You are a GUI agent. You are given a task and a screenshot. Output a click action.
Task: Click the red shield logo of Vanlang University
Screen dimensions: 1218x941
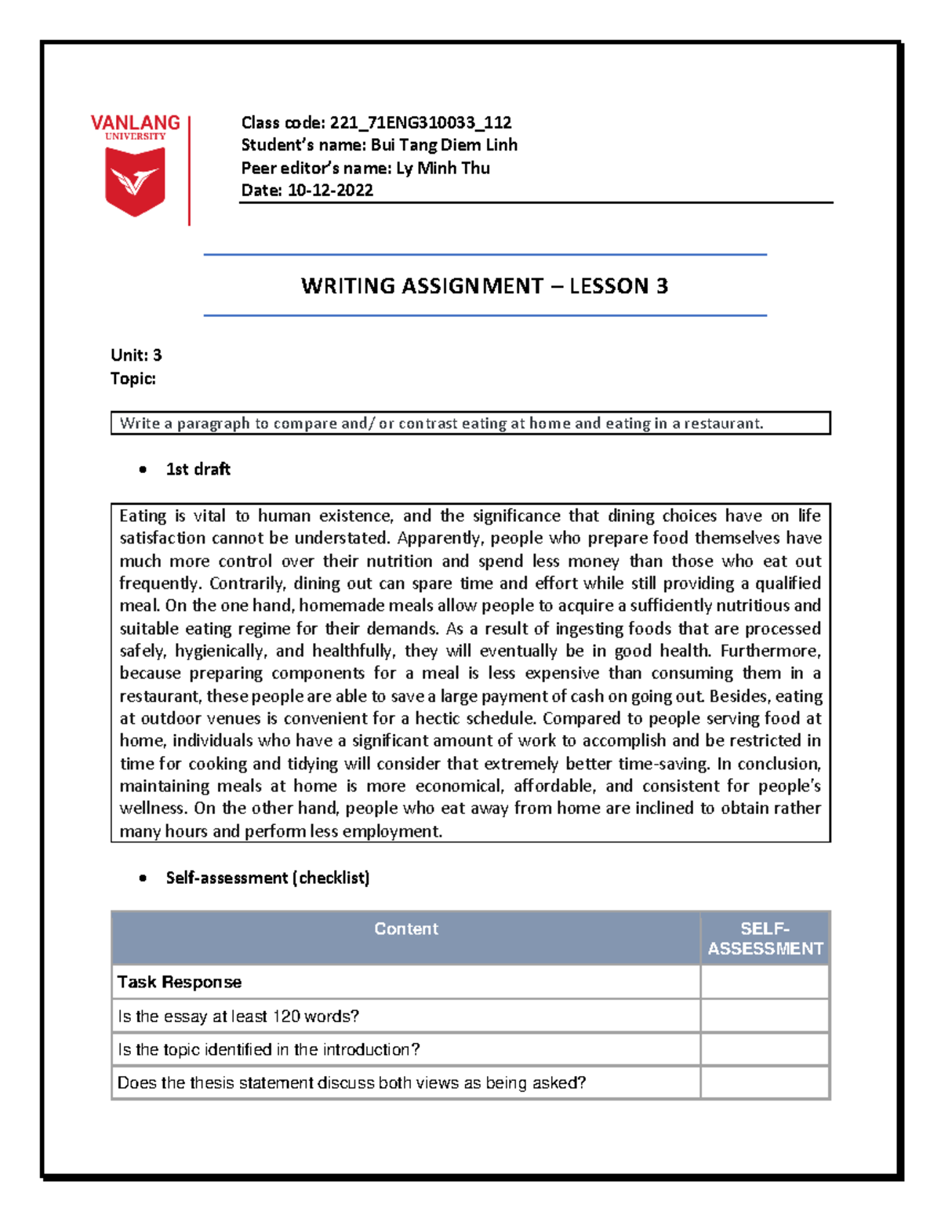pyautogui.click(x=135, y=181)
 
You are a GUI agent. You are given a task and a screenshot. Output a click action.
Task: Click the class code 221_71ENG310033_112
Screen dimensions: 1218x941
pyautogui.click(x=420, y=122)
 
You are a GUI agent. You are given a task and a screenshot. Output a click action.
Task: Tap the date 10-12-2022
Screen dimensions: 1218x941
pyautogui.click(x=330, y=191)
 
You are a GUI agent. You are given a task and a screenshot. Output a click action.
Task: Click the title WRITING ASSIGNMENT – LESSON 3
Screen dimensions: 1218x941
pyautogui.click(x=484, y=286)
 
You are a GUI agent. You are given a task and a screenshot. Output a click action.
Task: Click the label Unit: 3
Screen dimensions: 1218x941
pyautogui.click(x=136, y=355)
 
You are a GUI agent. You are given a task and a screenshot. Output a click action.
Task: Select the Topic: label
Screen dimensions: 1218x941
pyautogui.click(x=133, y=379)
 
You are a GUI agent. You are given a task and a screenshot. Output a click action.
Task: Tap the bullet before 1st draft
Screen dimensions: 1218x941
pyautogui.click(x=143, y=470)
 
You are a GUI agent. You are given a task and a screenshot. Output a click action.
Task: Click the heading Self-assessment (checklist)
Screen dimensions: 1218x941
pyautogui.click(x=267, y=878)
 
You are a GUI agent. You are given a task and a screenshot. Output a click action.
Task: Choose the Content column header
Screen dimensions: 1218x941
pyautogui.click(x=405, y=929)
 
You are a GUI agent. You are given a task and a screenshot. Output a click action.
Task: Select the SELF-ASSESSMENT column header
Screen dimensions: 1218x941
pyautogui.click(x=765, y=939)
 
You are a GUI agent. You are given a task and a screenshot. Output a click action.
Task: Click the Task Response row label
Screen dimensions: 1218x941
pyautogui.click(x=180, y=982)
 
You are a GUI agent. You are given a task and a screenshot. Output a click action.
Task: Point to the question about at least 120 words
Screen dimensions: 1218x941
pyautogui.click(x=238, y=1016)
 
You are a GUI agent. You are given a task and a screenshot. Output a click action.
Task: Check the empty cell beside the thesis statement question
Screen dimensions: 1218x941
pyautogui.click(x=765, y=1083)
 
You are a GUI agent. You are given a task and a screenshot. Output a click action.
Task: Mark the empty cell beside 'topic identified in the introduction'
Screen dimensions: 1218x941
pyautogui.click(x=765, y=1049)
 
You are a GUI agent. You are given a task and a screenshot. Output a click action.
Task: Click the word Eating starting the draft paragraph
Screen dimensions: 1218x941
pyautogui.click(x=143, y=516)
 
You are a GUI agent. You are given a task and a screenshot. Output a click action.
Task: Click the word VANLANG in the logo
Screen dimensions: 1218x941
pyautogui.click(x=135, y=123)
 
